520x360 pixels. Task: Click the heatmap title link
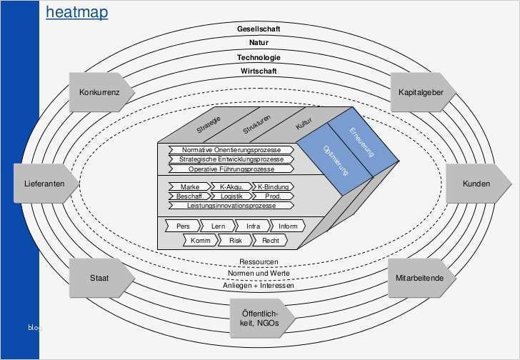77,12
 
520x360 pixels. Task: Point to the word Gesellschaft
259,29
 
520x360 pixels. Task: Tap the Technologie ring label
259,57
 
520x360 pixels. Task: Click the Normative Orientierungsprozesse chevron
231,150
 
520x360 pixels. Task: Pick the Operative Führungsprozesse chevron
231,169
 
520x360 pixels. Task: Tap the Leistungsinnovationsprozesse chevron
231,205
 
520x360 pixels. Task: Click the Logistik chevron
231,196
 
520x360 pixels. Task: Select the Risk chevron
235,241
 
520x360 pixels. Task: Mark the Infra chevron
253,226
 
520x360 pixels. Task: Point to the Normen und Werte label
259,273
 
